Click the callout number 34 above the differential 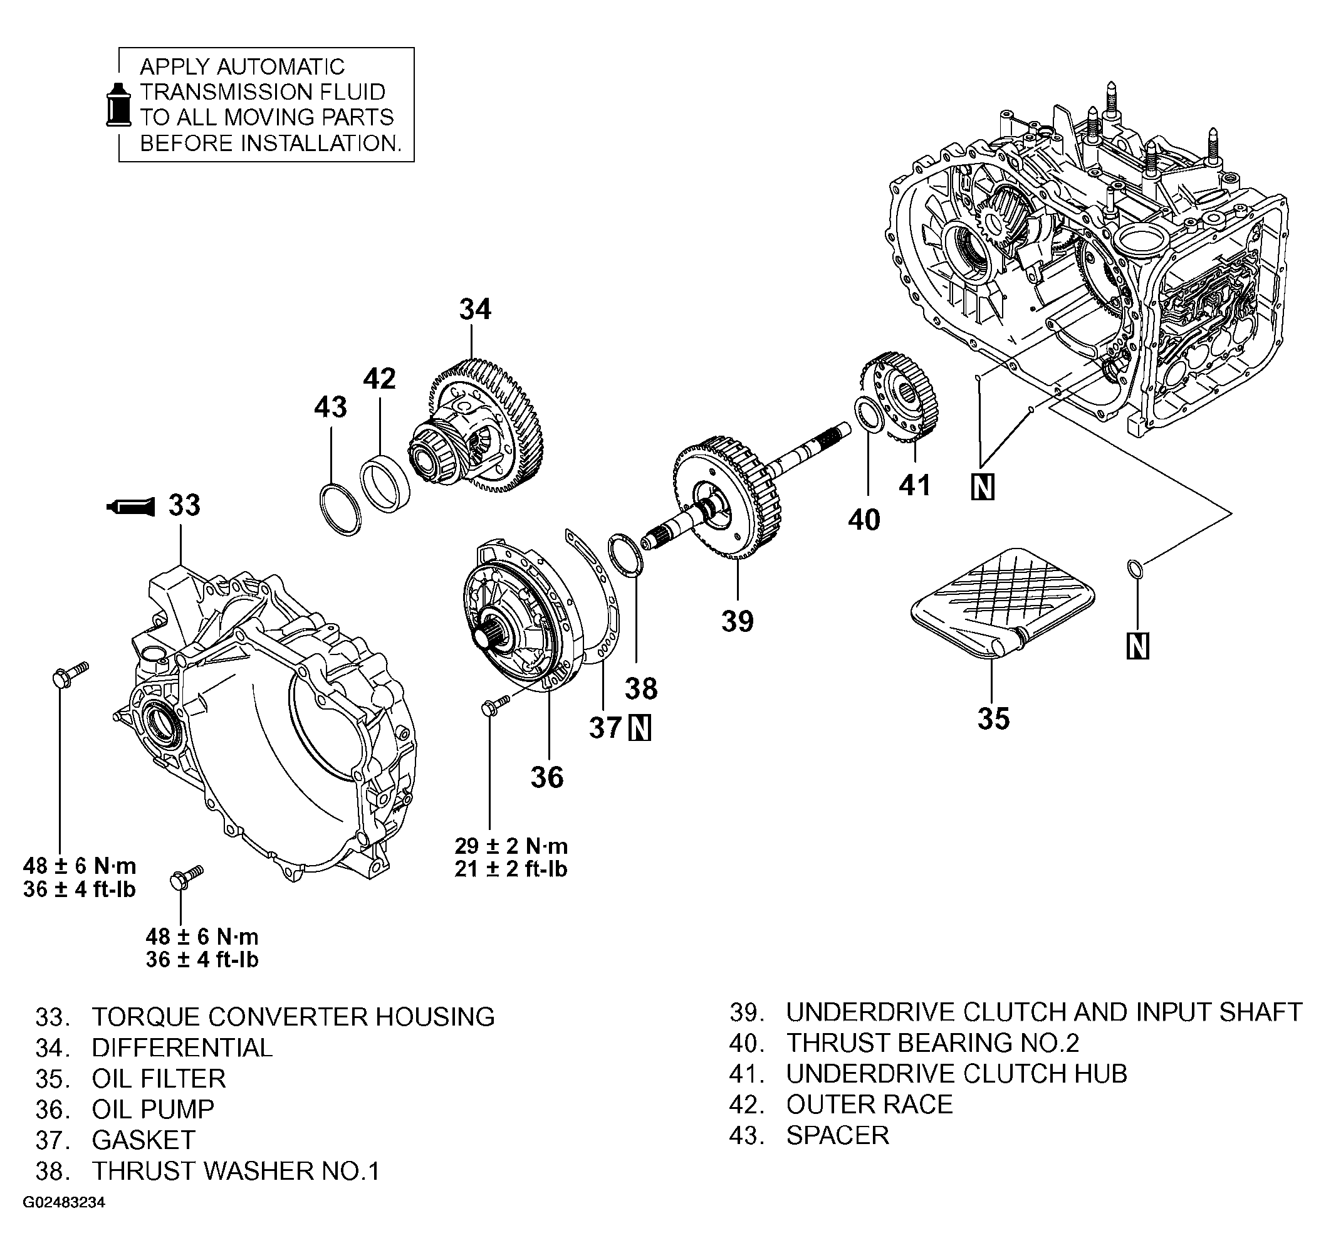[475, 310]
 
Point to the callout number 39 [737, 621]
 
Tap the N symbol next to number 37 [640, 728]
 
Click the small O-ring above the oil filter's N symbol [1135, 569]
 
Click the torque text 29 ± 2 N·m [511, 846]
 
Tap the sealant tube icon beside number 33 [131, 507]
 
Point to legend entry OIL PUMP [152, 1108]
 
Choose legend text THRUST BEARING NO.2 [932, 1042]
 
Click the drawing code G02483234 [64, 1202]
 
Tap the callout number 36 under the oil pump [546, 777]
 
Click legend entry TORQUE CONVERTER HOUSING [293, 1016]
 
